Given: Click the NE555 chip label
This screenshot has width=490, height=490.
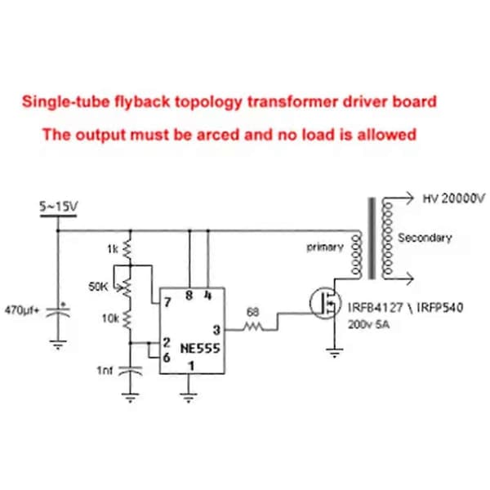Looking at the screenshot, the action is [200, 348].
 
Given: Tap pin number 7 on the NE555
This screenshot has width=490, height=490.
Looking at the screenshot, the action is [167, 302].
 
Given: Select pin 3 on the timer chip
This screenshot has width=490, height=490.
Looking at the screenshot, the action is [216, 330].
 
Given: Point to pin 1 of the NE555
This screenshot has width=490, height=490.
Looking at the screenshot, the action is [191, 366].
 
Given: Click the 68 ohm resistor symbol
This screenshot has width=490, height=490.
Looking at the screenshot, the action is [253, 327].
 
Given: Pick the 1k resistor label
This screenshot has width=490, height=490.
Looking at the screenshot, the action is [113, 249].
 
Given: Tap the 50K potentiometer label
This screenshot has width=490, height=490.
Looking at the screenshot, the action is [98, 287].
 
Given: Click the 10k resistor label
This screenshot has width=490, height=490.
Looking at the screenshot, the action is [110, 318].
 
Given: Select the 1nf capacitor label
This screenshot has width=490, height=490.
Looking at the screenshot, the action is [105, 371].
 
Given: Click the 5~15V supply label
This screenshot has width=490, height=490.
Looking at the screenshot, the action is [59, 207].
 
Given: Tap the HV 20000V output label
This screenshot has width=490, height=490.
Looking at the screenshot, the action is [454, 198].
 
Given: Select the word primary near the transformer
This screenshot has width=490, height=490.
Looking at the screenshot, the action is [325, 247].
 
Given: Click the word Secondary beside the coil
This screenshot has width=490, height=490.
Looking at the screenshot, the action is [425, 238].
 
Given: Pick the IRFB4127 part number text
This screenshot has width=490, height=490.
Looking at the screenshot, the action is [376, 308].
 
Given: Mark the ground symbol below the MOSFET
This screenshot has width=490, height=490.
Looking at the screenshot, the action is [334, 353].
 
